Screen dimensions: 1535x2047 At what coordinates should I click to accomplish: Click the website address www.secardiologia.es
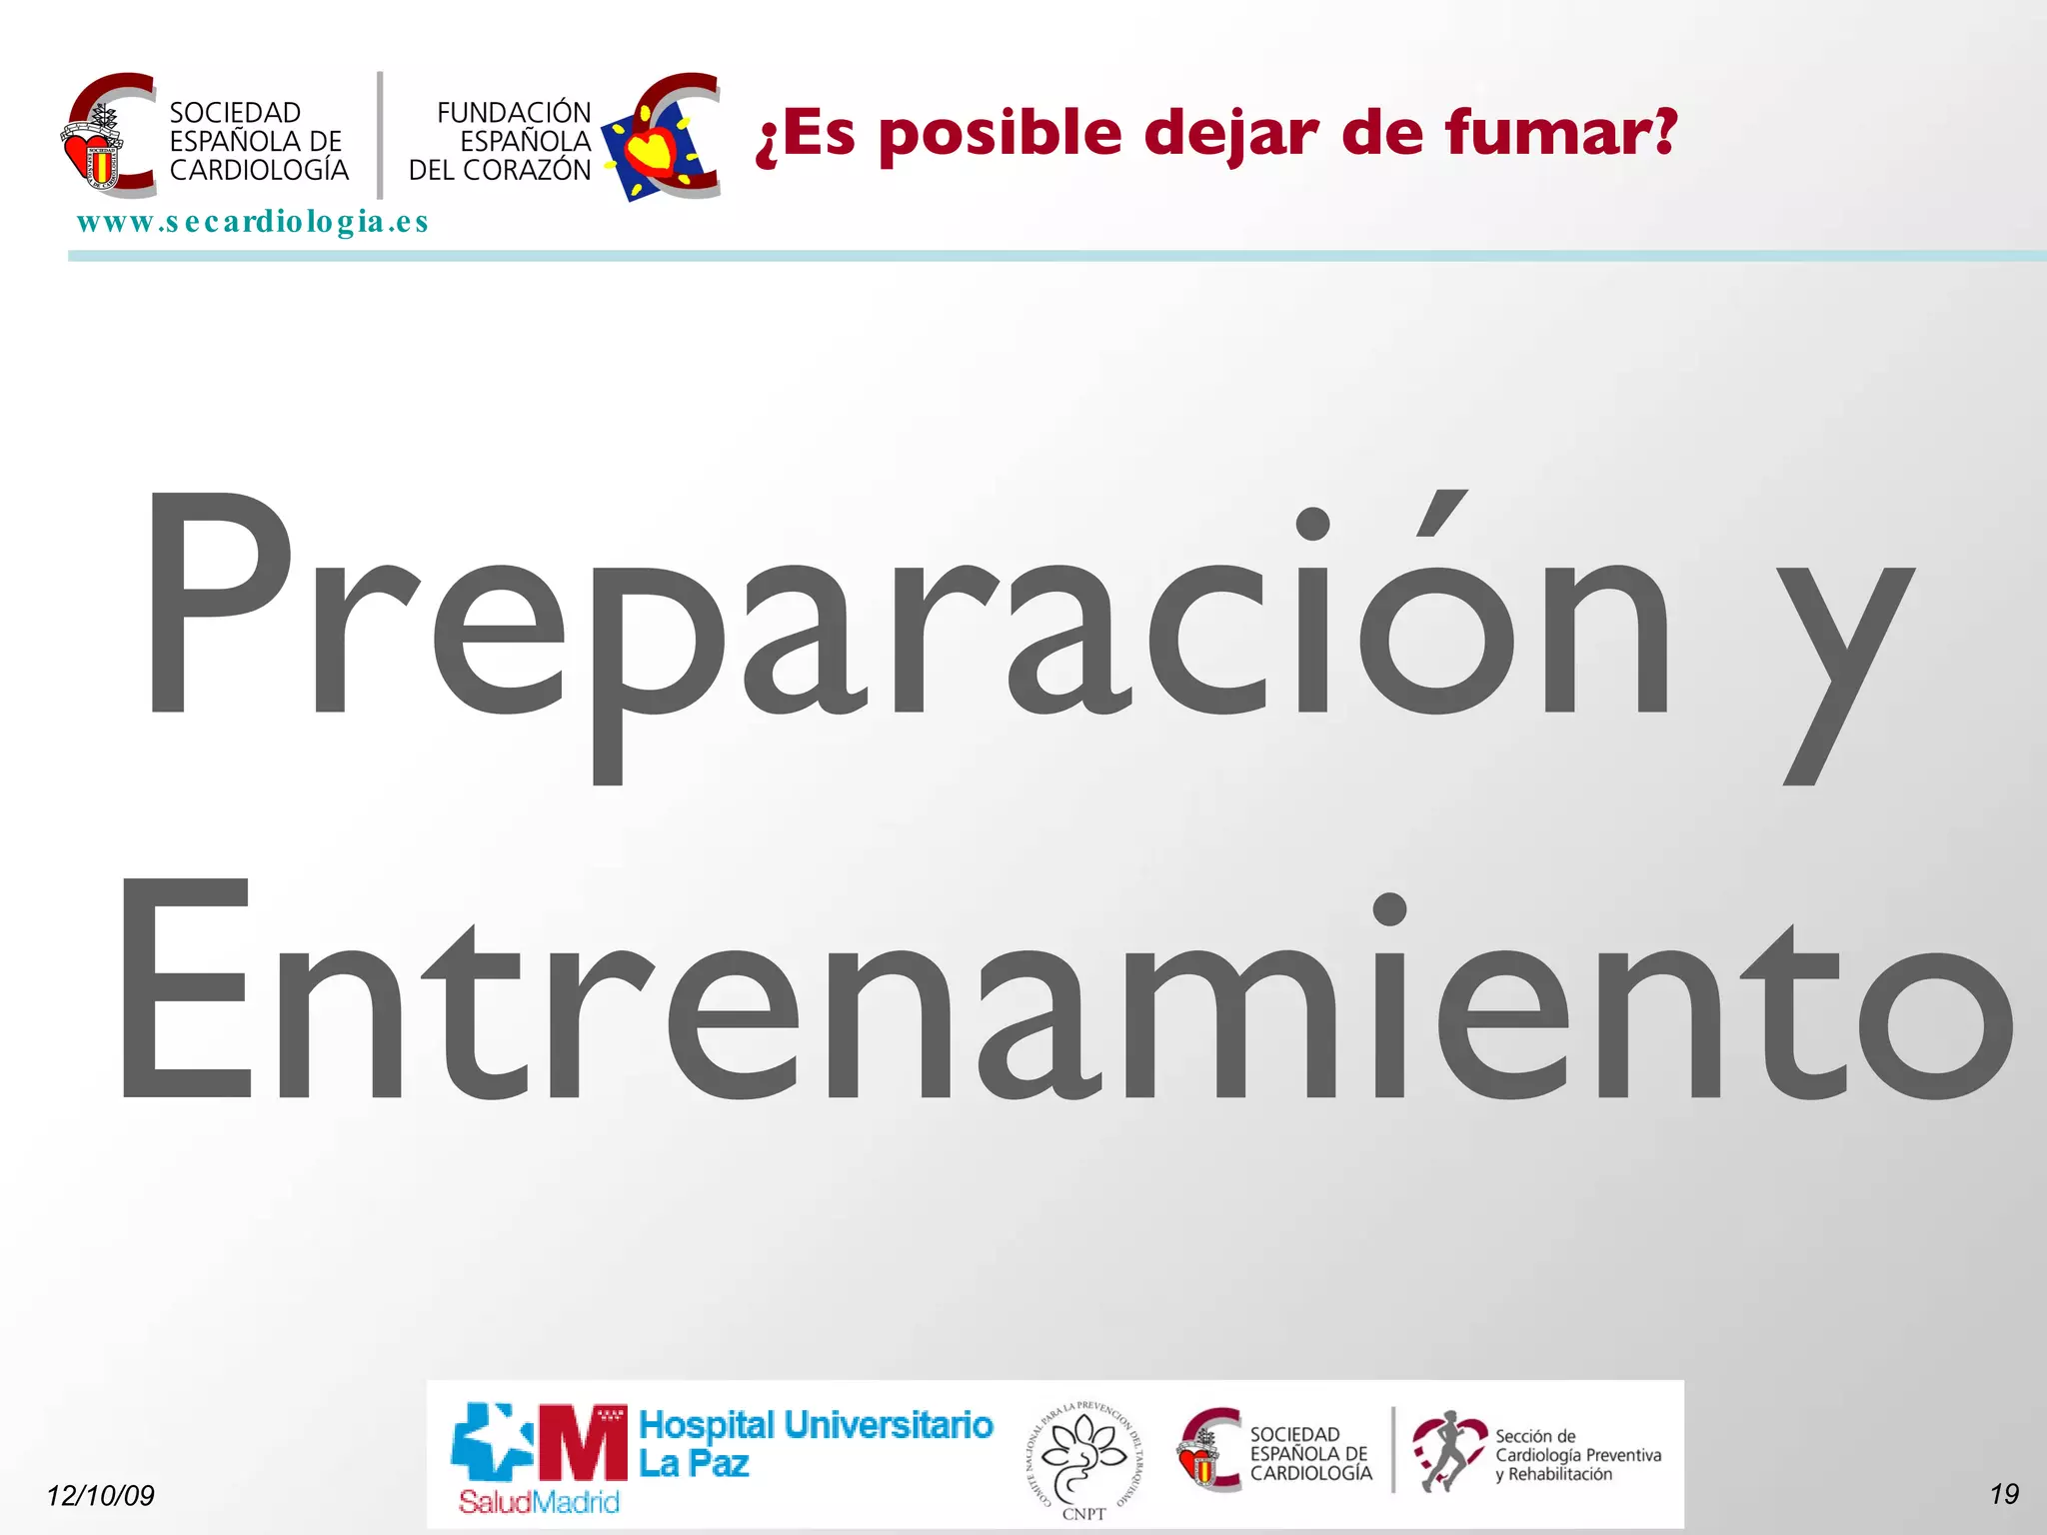point(252,222)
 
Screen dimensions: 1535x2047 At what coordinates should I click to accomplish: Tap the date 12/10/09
point(101,1495)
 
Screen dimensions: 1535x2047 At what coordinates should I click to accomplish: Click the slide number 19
point(2003,1494)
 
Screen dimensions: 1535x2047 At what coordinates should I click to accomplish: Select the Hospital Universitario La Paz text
point(815,1443)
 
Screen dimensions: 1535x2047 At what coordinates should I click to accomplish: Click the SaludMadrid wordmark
point(539,1501)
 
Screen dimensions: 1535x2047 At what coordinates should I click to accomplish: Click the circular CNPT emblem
point(1083,1458)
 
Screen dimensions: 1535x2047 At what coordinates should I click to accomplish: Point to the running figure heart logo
point(1446,1451)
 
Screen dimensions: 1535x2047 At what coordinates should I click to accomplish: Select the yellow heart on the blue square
point(652,150)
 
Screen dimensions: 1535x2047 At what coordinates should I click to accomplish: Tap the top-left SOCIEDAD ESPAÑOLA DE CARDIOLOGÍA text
point(258,141)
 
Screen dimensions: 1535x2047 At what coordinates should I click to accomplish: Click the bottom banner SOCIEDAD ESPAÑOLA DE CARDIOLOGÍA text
point(1309,1453)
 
